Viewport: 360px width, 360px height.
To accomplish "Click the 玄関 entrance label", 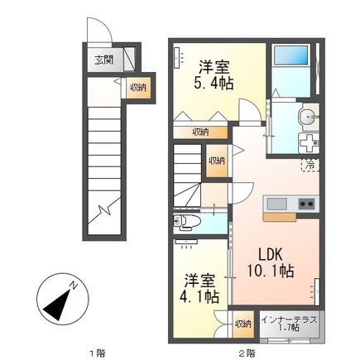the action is pyautogui.click(x=104, y=60).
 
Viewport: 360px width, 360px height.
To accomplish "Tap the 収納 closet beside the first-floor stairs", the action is pyautogui.click(x=139, y=88).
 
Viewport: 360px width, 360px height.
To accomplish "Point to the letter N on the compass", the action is pyautogui.click(x=74, y=286).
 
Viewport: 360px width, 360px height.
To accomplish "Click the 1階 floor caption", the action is pyautogui.click(x=98, y=353).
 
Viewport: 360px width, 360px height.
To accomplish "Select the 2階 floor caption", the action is pyautogui.click(x=247, y=353).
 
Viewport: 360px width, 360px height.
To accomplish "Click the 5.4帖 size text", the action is pyautogui.click(x=214, y=83).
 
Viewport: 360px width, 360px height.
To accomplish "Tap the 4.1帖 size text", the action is pyautogui.click(x=199, y=296).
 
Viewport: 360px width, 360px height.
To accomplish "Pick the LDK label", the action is pyautogui.click(x=271, y=254).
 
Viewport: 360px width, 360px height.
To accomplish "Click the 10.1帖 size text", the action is pyautogui.click(x=271, y=271).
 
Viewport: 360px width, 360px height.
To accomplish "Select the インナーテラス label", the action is pyautogui.click(x=289, y=320).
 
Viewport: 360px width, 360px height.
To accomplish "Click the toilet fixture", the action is pyautogui.click(x=184, y=222).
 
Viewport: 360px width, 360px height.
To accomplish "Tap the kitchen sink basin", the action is pyautogui.click(x=276, y=204).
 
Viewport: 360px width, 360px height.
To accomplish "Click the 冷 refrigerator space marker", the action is pyautogui.click(x=310, y=165).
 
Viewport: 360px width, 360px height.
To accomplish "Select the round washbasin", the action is pyautogui.click(x=310, y=118).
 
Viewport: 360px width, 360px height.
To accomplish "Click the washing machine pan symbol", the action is pyautogui.click(x=309, y=143).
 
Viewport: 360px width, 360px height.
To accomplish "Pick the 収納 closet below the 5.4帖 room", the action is pyautogui.click(x=200, y=132).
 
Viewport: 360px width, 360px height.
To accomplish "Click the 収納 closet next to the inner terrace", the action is pyautogui.click(x=243, y=324).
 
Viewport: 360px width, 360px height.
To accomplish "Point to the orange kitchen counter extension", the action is pyautogui.click(x=280, y=217).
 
